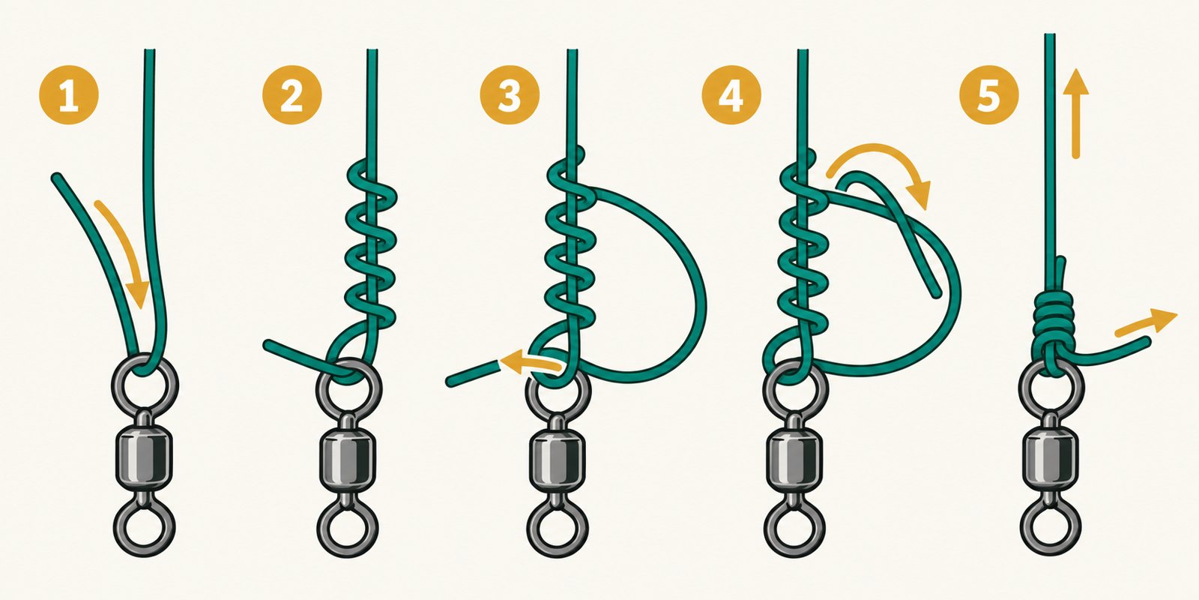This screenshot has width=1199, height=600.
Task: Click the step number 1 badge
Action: coord(68,94)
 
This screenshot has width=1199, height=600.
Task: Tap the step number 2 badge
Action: coord(292,94)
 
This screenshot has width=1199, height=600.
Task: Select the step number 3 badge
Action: coord(510,94)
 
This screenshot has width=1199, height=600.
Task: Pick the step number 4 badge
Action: coord(731,94)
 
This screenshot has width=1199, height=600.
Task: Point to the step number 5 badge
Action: coord(988,94)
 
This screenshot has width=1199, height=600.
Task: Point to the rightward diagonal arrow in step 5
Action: coord(1146,323)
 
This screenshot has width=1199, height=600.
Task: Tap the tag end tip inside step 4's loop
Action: coord(937,293)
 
